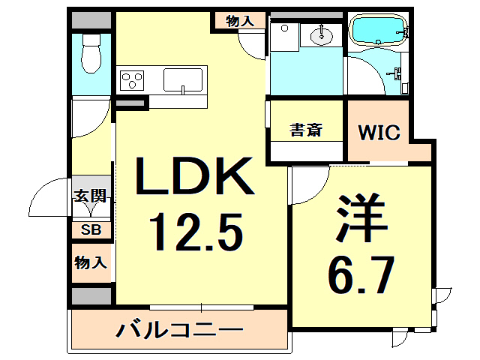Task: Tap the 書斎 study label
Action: pyautogui.click(x=306, y=130)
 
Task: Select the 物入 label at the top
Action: pyautogui.click(x=240, y=21)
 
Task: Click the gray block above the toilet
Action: pyautogui.click(x=91, y=21)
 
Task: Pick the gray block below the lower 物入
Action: pyautogui.click(x=91, y=295)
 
